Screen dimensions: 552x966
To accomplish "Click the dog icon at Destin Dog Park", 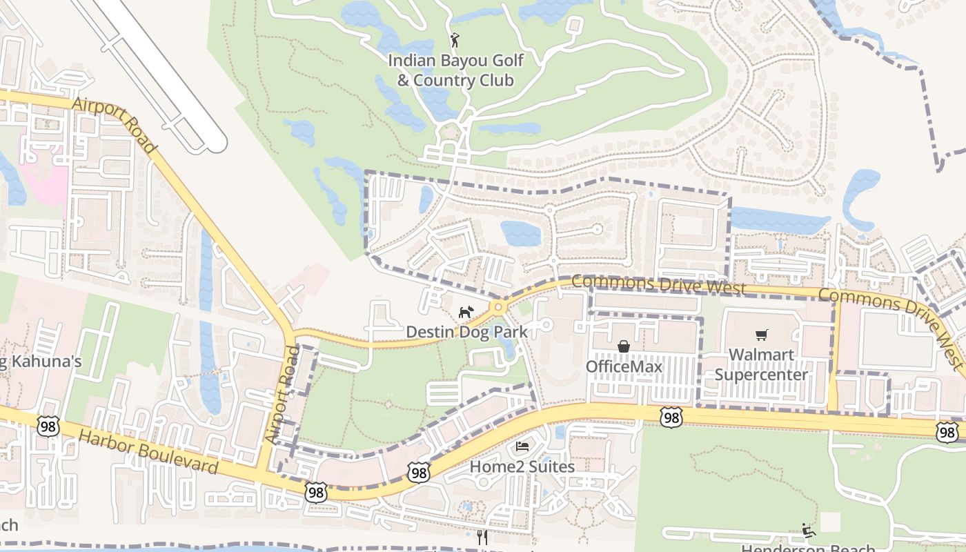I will [x=466, y=313].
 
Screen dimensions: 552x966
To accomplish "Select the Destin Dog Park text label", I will [x=466, y=332].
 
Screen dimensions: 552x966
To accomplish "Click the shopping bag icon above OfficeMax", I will [x=623, y=346].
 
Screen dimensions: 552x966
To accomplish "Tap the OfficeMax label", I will [x=624, y=366].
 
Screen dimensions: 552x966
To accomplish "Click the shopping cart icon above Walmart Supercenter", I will [x=761, y=335].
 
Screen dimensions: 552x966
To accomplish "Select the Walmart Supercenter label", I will [x=761, y=365].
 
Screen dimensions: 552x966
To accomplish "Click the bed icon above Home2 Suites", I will [x=522, y=447].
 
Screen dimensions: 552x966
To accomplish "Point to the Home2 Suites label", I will [x=522, y=466].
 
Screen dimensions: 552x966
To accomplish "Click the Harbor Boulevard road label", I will [x=148, y=453].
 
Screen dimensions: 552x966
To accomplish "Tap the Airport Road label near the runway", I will [x=115, y=125].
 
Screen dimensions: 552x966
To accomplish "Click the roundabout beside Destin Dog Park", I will [x=497, y=306].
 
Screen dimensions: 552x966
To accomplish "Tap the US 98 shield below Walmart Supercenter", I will [x=671, y=416].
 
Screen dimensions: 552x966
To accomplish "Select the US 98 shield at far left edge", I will [x=48, y=426].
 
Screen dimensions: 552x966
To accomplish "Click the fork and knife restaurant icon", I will [x=482, y=538].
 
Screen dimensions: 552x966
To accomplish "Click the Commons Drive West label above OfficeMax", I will [x=658, y=284].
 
